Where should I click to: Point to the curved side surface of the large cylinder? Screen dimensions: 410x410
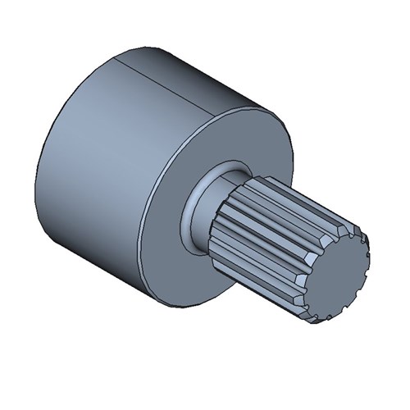[x=107, y=156]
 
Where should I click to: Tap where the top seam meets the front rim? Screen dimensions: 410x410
[x=216, y=106]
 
